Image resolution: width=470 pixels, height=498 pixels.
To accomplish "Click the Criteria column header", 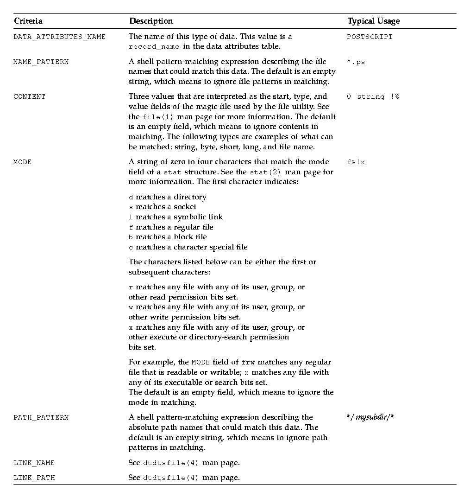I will click(28, 21).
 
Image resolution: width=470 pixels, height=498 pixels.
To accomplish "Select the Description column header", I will click(151, 21).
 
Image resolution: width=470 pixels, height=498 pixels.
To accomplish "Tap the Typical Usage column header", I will click(373, 21).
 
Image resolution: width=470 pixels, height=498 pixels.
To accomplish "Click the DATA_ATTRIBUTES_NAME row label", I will click(59, 37).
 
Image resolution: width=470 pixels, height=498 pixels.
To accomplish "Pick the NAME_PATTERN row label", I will click(41, 62).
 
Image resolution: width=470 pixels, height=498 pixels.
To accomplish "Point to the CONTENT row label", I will click(29, 97).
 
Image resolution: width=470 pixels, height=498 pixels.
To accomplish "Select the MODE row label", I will click(22, 162).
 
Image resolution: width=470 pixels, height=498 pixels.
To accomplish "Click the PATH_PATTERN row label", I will click(41, 418).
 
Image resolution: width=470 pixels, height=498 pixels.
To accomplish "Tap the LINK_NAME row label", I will click(34, 463).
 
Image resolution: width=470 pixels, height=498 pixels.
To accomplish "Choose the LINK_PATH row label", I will click(34, 478).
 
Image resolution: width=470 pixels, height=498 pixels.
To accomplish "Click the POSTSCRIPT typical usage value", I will click(370, 37).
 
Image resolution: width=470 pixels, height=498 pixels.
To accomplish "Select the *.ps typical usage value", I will click(356, 62).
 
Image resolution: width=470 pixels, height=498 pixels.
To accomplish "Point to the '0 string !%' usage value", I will click(373, 97).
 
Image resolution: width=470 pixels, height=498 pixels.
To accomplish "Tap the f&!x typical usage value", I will click(356, 162).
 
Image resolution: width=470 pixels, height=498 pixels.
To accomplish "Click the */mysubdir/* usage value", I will click(370, 417).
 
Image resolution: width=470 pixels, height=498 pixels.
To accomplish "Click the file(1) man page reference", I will click(157, 117).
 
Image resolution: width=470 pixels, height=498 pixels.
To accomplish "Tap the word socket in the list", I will click(185, 207).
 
